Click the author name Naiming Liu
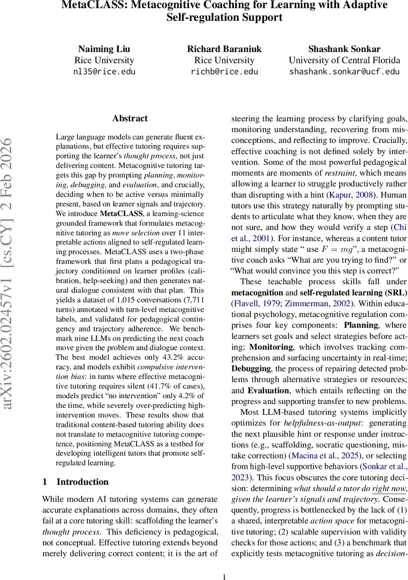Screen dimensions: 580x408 coord(104,48)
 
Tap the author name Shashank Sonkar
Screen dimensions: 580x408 coord(344,48)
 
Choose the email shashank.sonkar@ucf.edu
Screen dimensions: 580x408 coord(344,72)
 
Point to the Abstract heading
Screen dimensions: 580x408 coord(130,118)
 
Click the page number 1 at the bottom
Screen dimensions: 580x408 coord(224,576)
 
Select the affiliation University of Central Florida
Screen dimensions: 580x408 coord(344,60)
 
